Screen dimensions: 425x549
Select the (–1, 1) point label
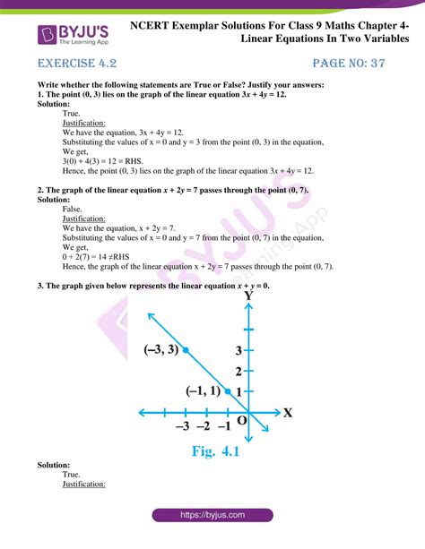pos(204,391)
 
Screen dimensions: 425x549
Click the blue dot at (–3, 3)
pos(186,350)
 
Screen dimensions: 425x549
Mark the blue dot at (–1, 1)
pos(228,391)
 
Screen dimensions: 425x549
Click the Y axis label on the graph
pos(248,294)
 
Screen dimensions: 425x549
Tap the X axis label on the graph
pos(288,413)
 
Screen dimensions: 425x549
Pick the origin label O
pos(241,419)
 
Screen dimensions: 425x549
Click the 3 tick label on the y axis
pos(239,349)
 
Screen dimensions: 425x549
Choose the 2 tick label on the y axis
pos(239,371)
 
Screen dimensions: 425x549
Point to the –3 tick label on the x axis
pos(184,426)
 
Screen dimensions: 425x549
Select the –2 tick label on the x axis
pos(204,426)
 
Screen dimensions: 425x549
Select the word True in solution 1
pos(71,115)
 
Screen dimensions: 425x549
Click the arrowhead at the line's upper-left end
pos(149,313)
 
